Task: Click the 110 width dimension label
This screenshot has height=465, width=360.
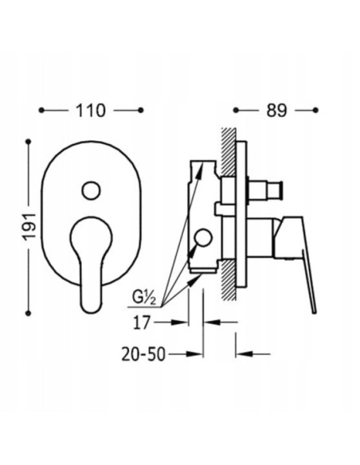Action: pos(91,111)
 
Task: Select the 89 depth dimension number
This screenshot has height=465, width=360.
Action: pos(276,111)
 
